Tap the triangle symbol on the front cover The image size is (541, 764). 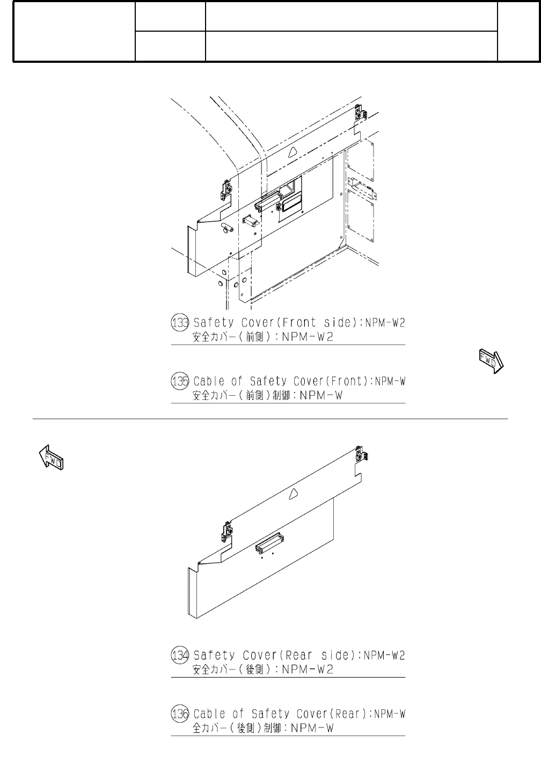(293, 152)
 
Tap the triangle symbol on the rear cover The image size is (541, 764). (293, 494)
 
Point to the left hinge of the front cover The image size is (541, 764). (226, 190)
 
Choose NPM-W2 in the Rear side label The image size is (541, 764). (384, 655)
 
